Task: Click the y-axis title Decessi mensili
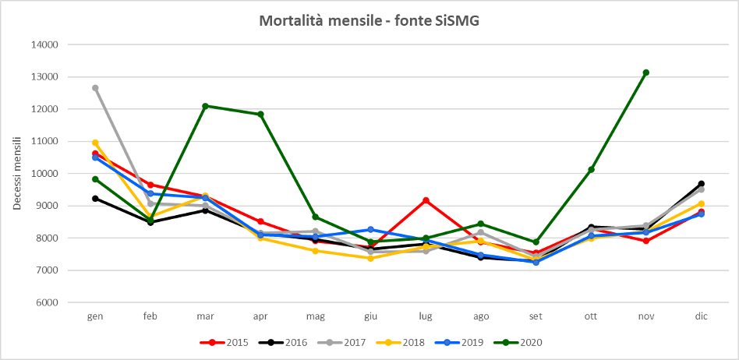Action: pos(16,174)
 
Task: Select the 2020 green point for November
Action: pos(646,72)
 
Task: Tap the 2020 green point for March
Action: pos(206,106)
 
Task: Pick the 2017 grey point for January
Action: pos(95,88)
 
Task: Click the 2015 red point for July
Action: pos(426,200)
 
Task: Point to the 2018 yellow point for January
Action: pos(95,143)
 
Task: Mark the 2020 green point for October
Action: pos(592,170)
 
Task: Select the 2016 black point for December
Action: pos(702,184)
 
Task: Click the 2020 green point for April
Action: pos(260,115)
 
